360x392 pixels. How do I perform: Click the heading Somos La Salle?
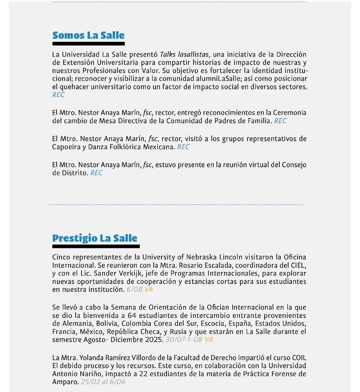88,36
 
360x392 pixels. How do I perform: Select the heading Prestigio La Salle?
94,238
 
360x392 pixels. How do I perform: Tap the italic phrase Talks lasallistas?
184,54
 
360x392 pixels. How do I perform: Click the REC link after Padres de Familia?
280,121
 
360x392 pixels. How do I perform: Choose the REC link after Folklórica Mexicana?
183,147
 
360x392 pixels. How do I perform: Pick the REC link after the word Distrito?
96,173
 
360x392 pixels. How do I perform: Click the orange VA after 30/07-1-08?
209,340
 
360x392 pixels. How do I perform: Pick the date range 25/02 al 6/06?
103,382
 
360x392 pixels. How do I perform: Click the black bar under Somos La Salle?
88,44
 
